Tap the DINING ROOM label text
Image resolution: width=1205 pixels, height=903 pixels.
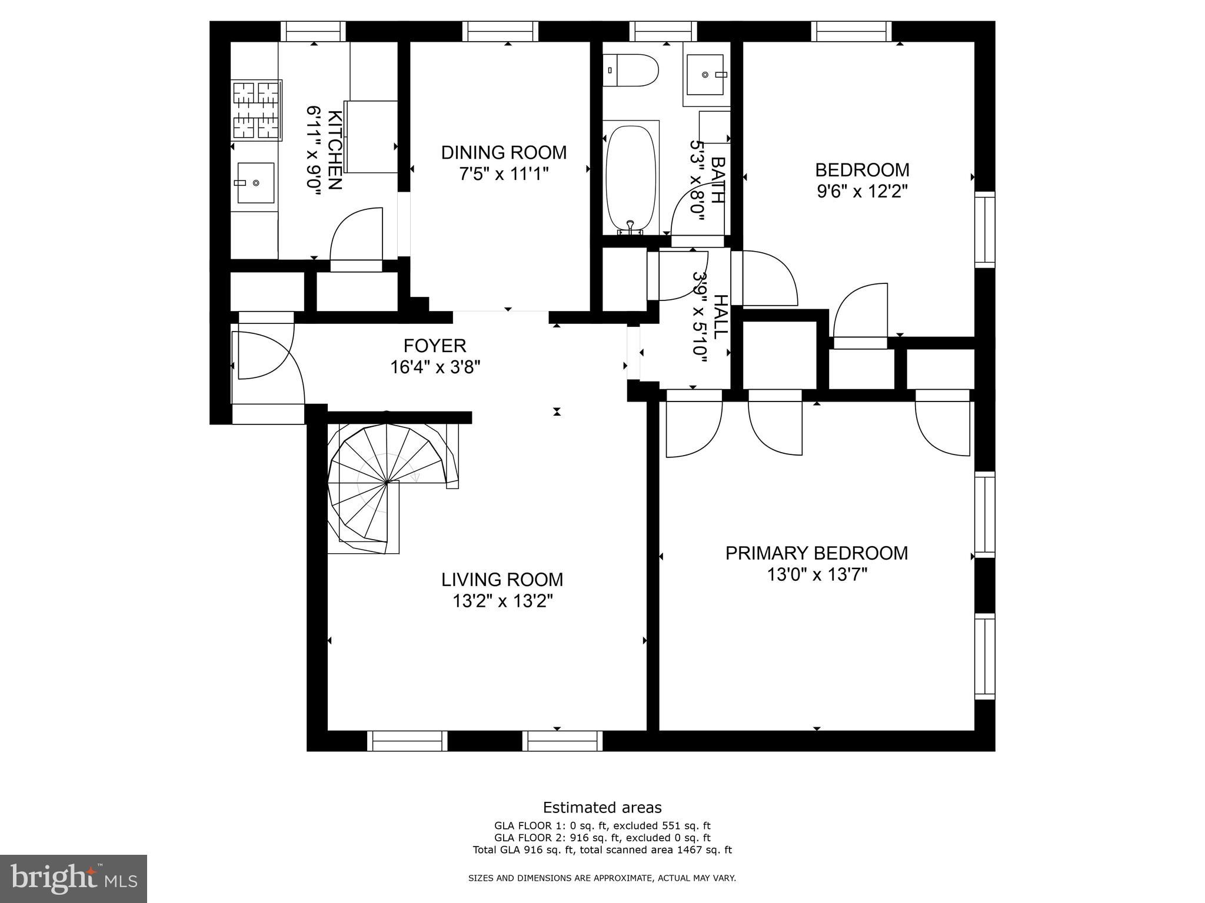pyautogui.click(x=504, y=152)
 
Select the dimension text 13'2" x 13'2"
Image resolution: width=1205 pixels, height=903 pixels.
pyautogui.click(x=503, y=601)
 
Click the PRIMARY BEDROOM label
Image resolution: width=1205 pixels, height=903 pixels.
pyautogui.click(x=817, y=553)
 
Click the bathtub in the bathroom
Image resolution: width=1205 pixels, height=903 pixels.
pyautogui.click(x=631, y=179)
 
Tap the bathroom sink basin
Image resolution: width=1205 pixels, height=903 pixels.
pyautogui.click(x=705, y=74)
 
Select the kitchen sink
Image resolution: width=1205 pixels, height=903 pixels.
pyautogui.click(x=255, y=183)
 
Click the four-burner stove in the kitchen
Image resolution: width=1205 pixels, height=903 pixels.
pyautogui.click(x=257, y=111)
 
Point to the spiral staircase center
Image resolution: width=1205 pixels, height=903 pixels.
pyautogui.click(x=387, y=483)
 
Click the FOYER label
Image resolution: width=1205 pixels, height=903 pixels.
pyautogui.click(x=435, y=345)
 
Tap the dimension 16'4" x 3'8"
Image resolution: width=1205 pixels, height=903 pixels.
pyautogui.click(x=435, y=367)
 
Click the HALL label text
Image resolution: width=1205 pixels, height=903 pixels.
pyautogui.click(x=720, y=316)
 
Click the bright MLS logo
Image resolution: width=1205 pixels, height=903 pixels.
pyautogui.click(x=74, y=879)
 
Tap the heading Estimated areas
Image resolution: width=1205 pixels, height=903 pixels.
pyautogui.click(x=602, y=807)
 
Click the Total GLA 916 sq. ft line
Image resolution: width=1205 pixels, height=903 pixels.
pyautogui.click(x=602, y=850)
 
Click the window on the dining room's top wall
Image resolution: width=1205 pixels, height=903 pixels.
pyautogui.click(x=500, y=32)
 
